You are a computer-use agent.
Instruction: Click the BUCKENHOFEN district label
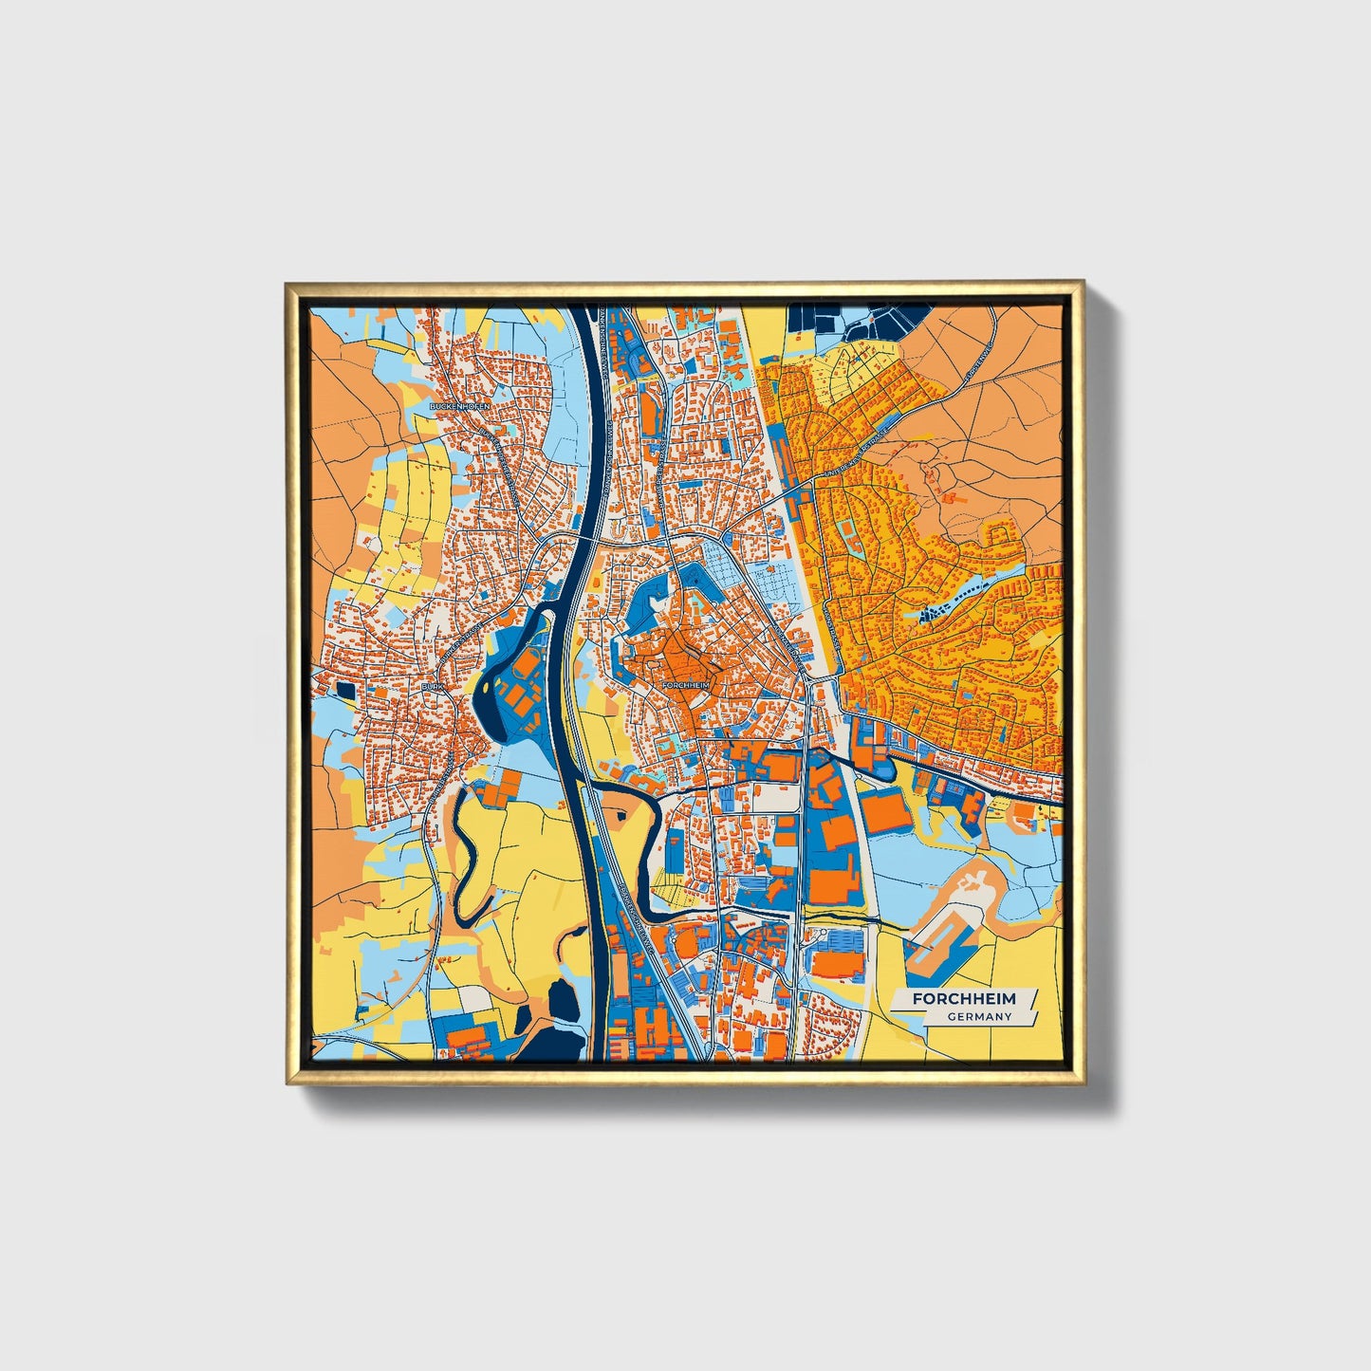pos(460,405)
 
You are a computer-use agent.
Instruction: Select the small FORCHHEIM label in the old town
pos(686,684)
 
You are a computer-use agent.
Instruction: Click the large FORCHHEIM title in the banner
pos(964,999)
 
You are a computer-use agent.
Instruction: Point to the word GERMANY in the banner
pos(979,1017)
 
